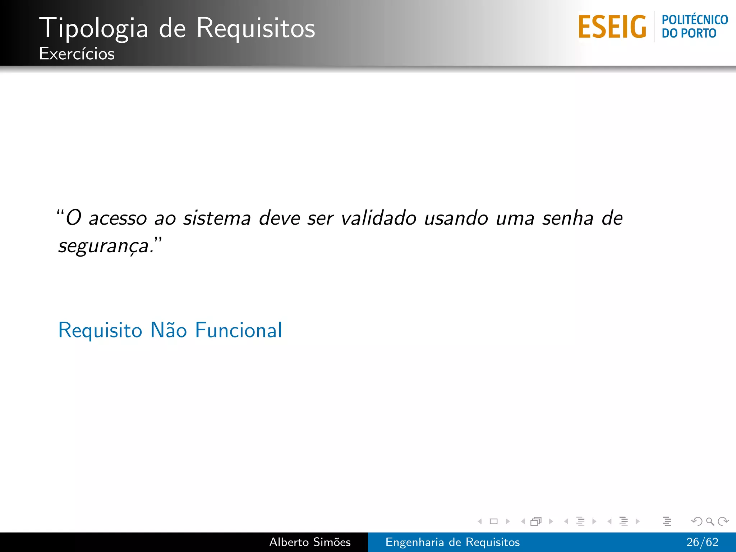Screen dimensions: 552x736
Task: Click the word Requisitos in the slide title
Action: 256,28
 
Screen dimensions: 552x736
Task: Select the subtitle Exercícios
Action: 77,54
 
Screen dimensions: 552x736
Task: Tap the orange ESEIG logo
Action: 612,27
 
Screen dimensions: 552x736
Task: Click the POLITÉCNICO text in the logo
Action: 695,20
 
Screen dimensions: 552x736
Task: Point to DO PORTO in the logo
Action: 689,33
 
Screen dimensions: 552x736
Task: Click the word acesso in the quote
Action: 118,218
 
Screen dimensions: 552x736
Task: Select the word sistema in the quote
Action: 217,218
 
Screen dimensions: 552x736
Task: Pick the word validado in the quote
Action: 378,218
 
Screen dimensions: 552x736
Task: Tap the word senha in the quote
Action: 567,218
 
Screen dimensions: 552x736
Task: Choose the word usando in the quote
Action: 456,218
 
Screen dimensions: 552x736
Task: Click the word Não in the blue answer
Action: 169,330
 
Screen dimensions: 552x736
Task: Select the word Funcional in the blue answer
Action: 239,330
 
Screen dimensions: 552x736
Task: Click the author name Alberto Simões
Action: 310,542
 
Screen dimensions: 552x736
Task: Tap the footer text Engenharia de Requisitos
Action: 452,542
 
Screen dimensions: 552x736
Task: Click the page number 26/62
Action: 702,542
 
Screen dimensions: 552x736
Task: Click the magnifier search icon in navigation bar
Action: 710,521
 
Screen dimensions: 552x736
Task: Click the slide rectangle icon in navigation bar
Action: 493,521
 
